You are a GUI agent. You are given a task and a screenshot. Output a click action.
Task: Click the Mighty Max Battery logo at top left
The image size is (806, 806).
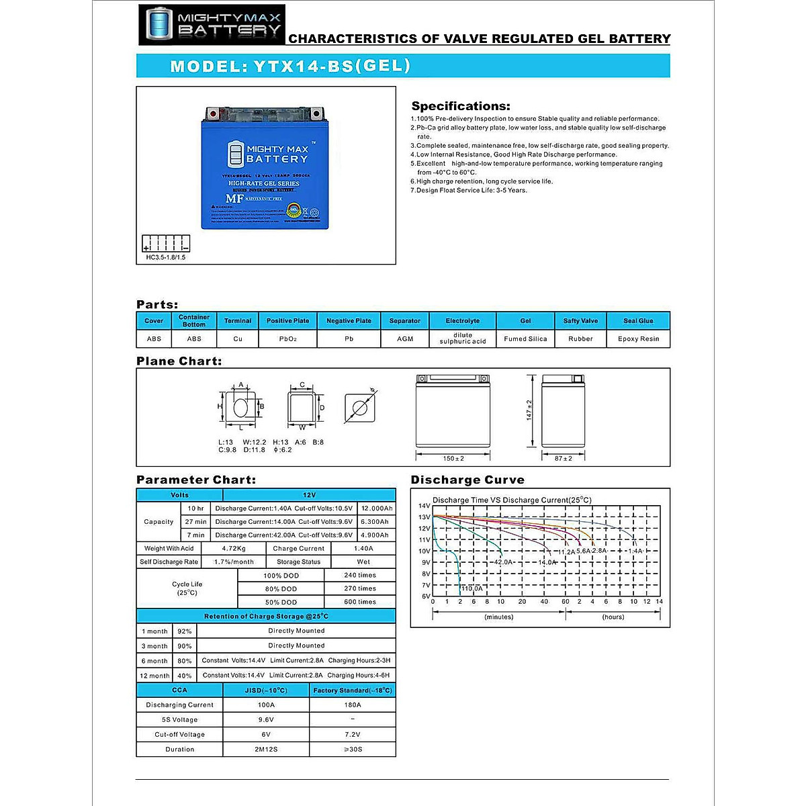(212, 25)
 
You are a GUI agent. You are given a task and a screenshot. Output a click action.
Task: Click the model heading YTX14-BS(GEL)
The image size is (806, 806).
(290, 66)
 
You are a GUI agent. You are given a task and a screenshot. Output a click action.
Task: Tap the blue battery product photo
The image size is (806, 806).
(265, 169)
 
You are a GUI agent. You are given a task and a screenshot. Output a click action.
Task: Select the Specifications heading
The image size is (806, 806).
(461, 106)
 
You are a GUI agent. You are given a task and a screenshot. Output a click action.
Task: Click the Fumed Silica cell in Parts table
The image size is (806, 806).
(525, 339)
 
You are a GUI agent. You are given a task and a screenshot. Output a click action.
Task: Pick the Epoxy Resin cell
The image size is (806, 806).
(638, 339)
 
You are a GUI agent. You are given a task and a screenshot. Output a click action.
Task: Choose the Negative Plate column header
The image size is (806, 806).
(349, 321)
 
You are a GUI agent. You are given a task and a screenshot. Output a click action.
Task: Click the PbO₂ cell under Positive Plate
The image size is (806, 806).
(287, 339)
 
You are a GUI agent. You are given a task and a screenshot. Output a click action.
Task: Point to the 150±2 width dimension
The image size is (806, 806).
(453, 458)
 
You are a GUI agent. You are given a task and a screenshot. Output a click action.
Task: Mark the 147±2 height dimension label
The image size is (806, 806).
(529, 410)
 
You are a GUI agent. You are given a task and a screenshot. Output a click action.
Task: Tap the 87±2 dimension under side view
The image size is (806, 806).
(564, 458)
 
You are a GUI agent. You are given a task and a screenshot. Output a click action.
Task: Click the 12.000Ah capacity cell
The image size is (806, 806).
(376, 508)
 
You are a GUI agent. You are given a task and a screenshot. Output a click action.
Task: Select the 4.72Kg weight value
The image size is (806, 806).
(234, 548)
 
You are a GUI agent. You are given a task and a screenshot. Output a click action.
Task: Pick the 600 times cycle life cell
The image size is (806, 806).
(360, 602)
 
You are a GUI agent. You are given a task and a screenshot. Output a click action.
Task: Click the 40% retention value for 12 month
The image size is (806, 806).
(184, 675)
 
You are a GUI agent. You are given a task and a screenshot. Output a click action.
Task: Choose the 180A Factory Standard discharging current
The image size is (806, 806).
(353, 705)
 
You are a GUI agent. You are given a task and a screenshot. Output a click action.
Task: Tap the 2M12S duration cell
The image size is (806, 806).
(266, 749)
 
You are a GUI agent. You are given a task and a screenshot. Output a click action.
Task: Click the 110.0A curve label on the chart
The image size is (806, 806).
(472, 588)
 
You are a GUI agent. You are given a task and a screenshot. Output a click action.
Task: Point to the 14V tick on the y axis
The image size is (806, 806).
(424, 506)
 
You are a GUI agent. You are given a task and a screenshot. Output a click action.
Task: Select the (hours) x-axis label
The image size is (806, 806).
(613, 617)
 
